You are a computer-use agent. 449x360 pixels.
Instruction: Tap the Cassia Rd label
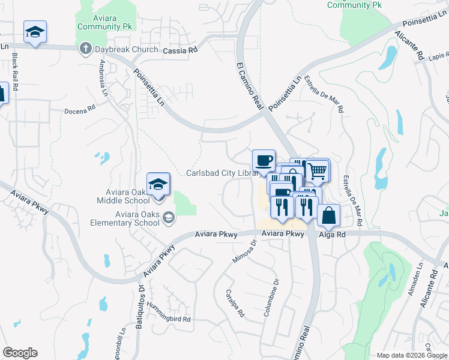pos(180,52)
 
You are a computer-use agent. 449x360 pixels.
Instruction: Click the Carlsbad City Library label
pos(223,173)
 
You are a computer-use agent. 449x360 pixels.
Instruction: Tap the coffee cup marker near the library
pos(264,161)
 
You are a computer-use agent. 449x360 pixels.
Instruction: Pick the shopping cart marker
pos(318,170)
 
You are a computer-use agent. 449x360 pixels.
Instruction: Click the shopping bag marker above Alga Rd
pos(328,215)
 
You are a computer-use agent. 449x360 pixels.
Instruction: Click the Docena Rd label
pos(80,110)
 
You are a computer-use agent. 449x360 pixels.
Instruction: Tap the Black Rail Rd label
pos(15,71)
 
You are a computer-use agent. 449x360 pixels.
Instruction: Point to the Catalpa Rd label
pos(234,304)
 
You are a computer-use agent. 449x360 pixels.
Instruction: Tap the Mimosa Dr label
pos(244,252)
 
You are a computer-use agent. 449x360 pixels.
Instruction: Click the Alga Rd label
pos(333,235)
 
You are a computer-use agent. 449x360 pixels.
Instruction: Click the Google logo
pos(20,353)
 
